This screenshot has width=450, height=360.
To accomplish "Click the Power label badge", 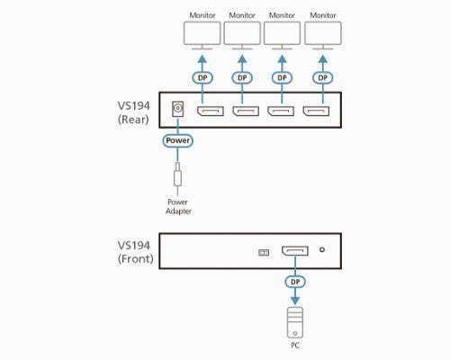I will coord(177,141).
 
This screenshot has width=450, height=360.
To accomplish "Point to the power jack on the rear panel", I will coord(178,111).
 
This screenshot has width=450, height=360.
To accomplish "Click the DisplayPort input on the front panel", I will coord(294,251).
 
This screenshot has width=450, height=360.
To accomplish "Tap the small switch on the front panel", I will coord(263,252).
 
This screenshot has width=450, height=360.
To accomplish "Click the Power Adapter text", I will coord(177,206).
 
